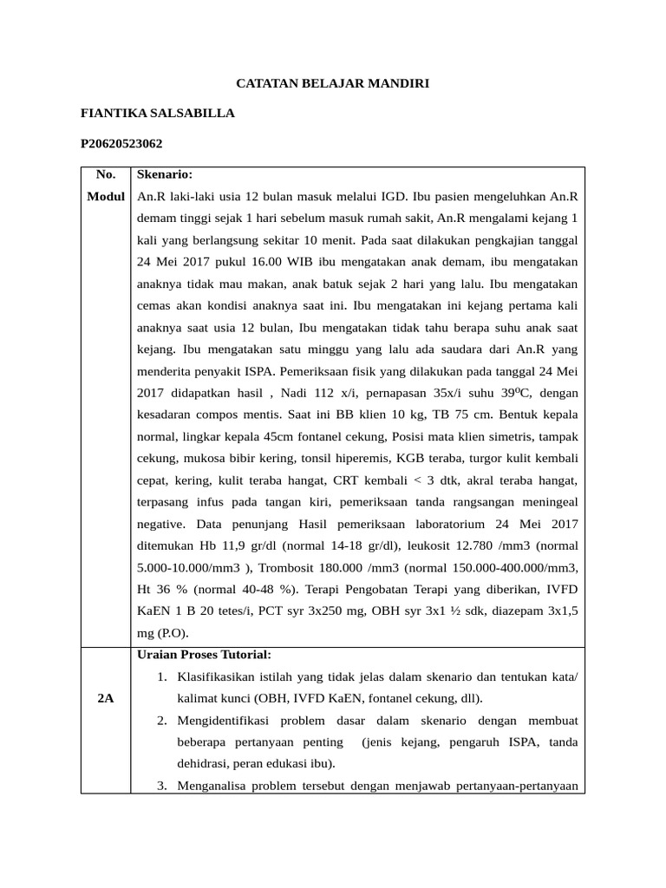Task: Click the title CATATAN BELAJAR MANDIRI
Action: (x=333, y=84)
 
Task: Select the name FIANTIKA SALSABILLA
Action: (x=157, y=114)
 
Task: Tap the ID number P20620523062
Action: (x=121, y=143)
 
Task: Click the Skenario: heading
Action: (x=165, y=173)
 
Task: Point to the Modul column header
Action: (x=106, y=197)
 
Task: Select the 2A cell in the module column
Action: (x=106, y=698)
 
